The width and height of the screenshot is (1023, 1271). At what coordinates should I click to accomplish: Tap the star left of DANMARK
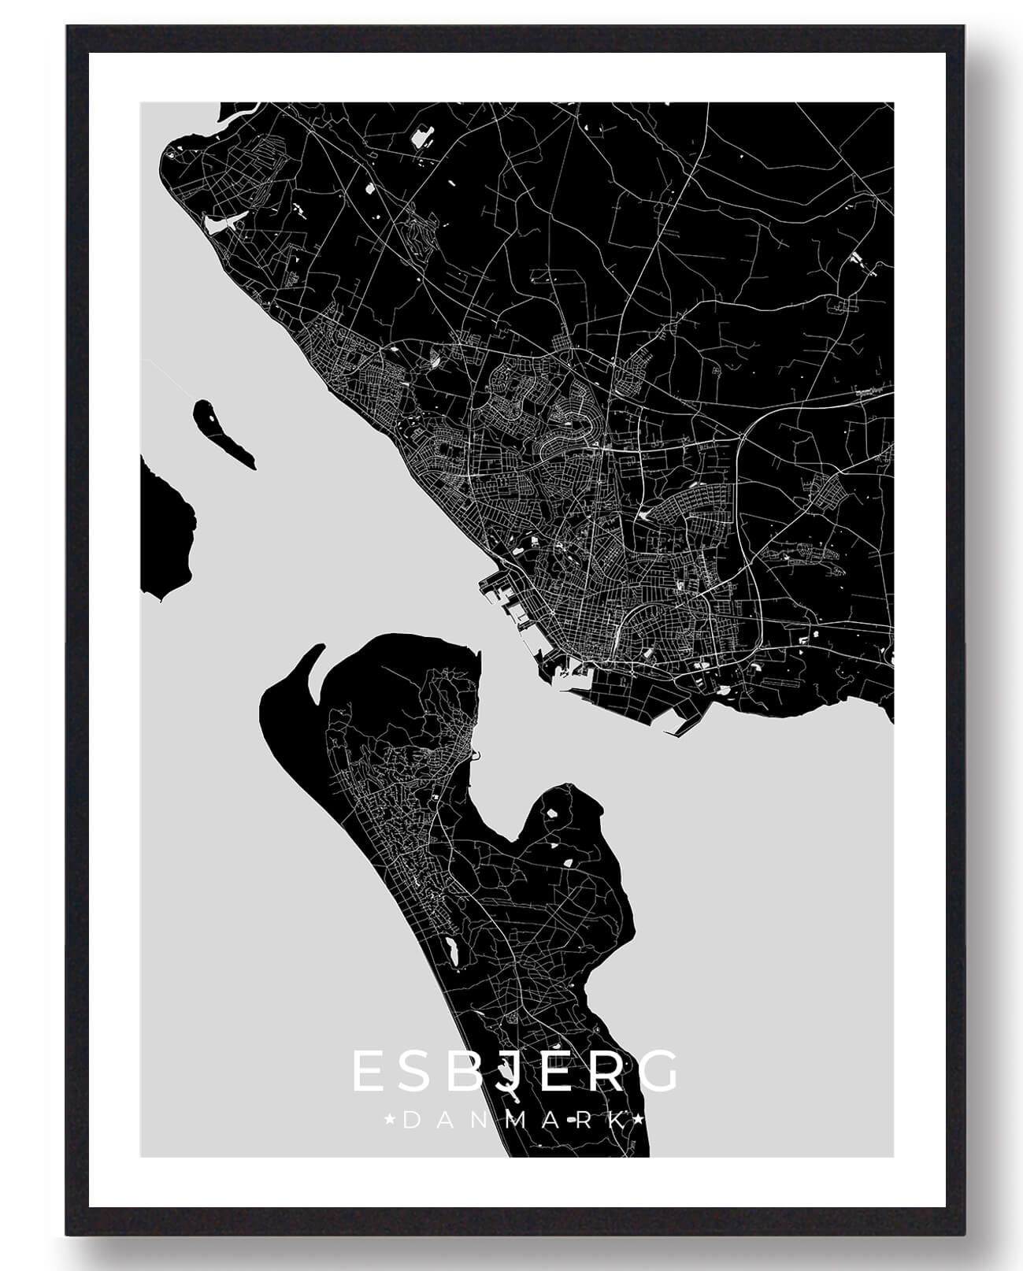[x=389, y=1119]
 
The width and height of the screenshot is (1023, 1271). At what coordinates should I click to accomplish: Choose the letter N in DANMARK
[x=480, y=1120]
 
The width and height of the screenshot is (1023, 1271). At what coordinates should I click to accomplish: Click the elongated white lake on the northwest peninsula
[x=217, y=224]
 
